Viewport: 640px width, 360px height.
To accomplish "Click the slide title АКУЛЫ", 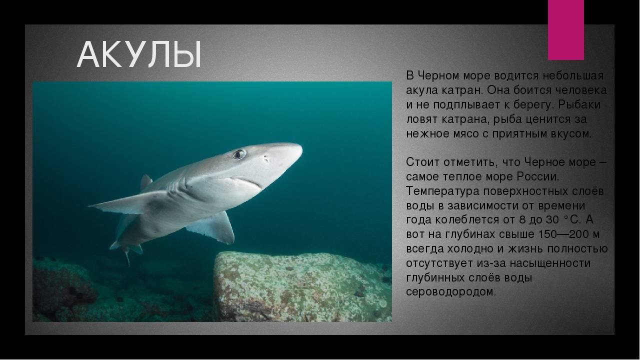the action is coord(139,54).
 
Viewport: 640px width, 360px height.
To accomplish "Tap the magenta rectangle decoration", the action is coord(565,30).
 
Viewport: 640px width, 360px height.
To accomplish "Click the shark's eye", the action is coord(239,154).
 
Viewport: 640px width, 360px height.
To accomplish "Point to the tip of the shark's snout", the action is coord(302,148).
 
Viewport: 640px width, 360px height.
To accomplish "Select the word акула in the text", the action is coord(421,90).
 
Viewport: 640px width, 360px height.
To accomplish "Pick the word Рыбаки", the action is coord(579,105).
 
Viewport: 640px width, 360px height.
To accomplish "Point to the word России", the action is coord(538,177).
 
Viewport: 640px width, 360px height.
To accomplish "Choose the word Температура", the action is coord(442,191).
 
